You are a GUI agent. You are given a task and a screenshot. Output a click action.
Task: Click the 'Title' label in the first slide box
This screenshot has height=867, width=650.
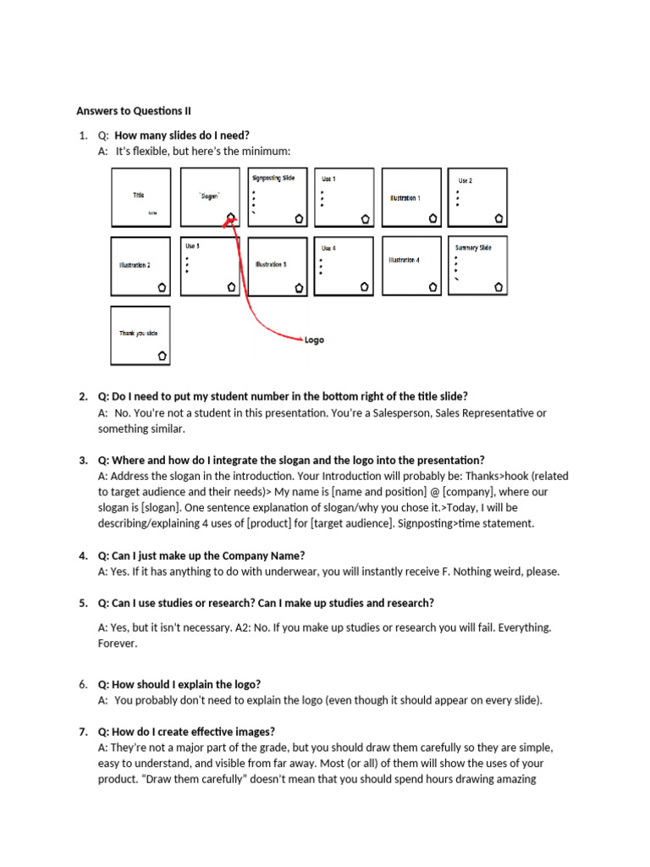pyautogui.click(x=139, y=196)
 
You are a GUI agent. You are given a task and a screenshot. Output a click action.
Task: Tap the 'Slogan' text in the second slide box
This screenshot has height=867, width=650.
pyautogui.click(x=209, y=196)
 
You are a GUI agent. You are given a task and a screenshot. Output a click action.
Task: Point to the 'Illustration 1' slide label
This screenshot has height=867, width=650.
pyautogui.click(x=405, y=197)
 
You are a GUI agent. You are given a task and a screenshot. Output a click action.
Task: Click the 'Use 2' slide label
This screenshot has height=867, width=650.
pyautogui.click(x=465, y=180)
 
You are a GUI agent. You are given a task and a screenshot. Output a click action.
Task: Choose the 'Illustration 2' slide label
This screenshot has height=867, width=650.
pyautogui.click(x=135, y=265)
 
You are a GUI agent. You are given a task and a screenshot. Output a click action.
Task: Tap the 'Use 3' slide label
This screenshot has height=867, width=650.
pyautogui.click(x=192, y=246)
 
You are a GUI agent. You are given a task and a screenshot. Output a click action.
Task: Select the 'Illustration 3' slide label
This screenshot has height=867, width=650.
pyautogui.click(x=271, y=264)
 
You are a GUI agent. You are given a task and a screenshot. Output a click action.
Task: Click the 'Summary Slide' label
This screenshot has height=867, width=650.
pyautogui.click(x=473, y=248)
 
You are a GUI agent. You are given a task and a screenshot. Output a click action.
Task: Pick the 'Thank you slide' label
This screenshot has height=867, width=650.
pyautogui.click(x=138, y=334)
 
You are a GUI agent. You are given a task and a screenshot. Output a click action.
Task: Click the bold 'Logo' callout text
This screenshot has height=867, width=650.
pyautogui.click(x=314, y=340)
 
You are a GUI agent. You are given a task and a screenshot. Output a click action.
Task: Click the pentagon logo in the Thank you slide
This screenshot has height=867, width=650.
pyautogui.click(x=161, y=356)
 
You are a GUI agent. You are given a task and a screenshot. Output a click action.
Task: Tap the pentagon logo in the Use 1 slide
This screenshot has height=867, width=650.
pyautogui.click(x=365, y=218)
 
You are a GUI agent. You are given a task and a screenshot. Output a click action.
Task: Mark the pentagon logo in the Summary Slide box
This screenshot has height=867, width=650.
pyautogui.click(x=499, y=287)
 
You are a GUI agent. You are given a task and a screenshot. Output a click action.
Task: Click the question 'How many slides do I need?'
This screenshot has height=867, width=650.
pyautogui.click(x=182, y=135)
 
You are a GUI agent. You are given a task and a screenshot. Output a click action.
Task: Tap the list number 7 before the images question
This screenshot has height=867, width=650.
pyautogui.click(x=82, y=732)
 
